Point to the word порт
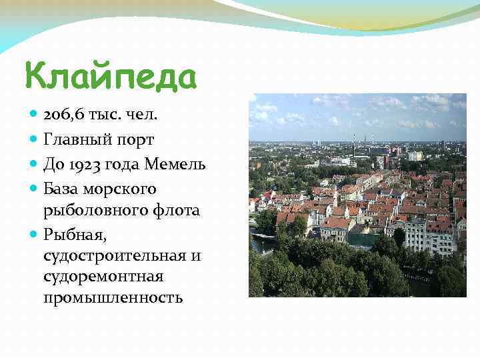[x=133, y=141]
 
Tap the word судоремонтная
[x=103, y=276]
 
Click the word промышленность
[x=113, y=297]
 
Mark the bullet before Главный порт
[x=35, y=140]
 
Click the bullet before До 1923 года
[x=35, y=163]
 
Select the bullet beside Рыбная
[x=35, y=234]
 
